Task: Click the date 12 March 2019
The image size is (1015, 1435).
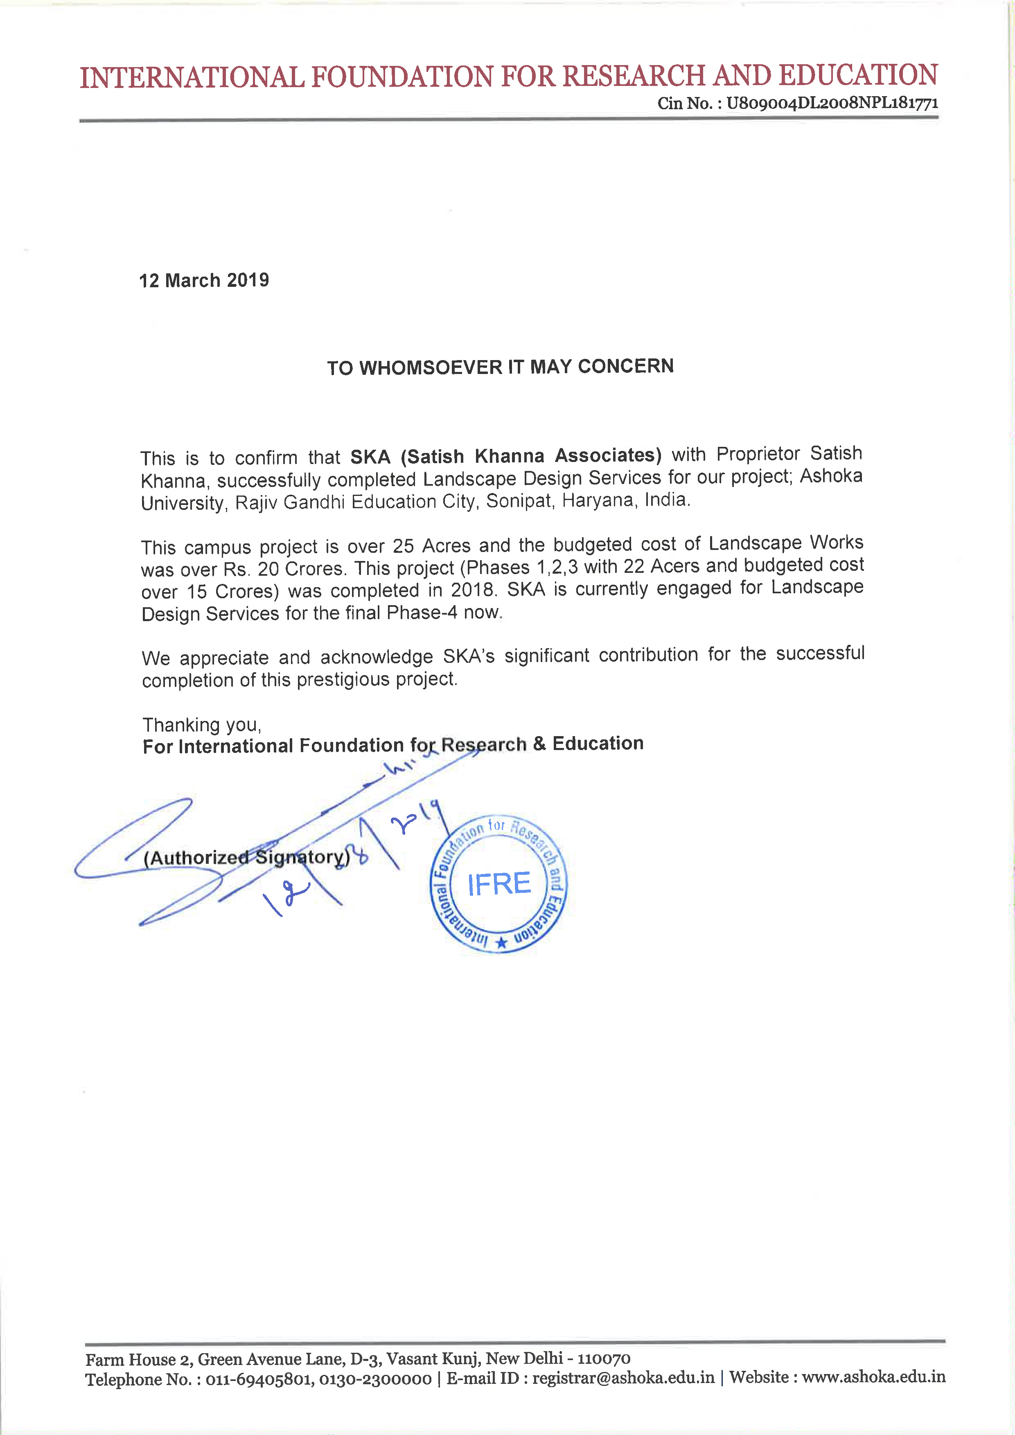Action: [204, 280]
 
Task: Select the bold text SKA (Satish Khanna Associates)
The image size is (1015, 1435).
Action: [505, 456]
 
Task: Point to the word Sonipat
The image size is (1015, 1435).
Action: [520, 500]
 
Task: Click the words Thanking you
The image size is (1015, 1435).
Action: [202, 725]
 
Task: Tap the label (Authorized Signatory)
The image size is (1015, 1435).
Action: [247, 858]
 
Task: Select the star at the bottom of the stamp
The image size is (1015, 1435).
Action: [501, 943]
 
